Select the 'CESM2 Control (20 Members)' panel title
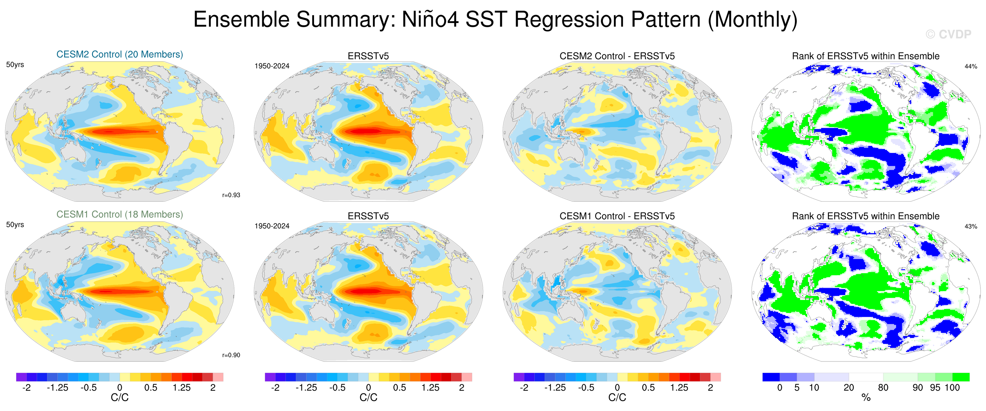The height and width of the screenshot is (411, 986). click(x=119, y=54)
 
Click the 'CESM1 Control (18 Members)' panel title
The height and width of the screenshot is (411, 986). click(x=119, y=214)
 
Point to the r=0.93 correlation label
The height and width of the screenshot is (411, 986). click(x=231, y=195)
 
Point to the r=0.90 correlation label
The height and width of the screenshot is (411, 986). click(x=231, y=355)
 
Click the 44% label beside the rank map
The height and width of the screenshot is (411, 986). click(x=971, y=67)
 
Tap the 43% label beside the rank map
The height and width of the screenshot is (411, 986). click(x=971, y=226)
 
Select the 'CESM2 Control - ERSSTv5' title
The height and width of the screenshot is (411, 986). click(x=617, y=56)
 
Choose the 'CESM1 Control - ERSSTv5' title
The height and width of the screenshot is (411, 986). click(x=617, y=216)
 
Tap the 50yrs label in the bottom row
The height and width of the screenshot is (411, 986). click(x=15, y=225)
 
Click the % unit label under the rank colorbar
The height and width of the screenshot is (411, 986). click(x=866, y=398)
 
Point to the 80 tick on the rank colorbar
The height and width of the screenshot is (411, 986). click(x=883, y=388)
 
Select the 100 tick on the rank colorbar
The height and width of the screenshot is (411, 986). click(x=952, y=388)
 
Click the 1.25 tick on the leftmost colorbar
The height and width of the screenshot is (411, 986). click(x=181, y=388)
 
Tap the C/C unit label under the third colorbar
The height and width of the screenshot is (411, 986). click(x=617, y=398)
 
